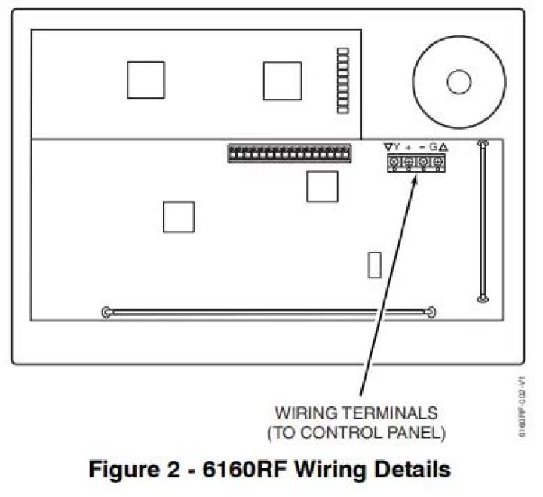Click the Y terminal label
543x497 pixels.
396,147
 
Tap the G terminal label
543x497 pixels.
434,147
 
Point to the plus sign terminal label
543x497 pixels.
409,147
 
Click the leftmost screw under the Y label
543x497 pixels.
394,162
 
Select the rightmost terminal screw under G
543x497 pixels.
436,162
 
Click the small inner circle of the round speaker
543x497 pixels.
459,81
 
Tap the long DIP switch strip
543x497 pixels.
290,153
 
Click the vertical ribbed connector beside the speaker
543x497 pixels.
343,81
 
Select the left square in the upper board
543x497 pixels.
146,80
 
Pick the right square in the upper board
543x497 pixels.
282,80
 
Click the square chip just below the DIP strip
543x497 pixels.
322,186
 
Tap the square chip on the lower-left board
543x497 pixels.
179,216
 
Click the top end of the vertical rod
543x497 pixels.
483,143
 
